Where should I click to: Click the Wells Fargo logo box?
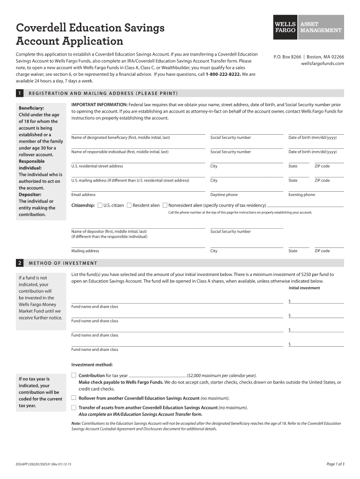point(284,27)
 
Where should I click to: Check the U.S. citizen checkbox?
point(100,205)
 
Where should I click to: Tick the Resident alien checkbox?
point(129,205)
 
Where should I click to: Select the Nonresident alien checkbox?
point(165,205)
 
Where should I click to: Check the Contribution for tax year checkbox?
point(73,375)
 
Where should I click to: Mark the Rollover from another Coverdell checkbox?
point(73,398)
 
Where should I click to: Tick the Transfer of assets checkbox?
point(73,407)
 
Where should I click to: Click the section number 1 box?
point(20,94)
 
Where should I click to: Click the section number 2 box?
point(20,263)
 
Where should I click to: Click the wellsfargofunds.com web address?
point(322,64)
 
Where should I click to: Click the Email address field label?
point(83,195)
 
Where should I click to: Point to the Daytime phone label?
point(224,195)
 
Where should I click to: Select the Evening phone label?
point(302,195)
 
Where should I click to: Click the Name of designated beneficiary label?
point(120,138)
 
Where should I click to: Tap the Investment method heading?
point(92,365)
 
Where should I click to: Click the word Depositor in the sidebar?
point(30,194)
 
